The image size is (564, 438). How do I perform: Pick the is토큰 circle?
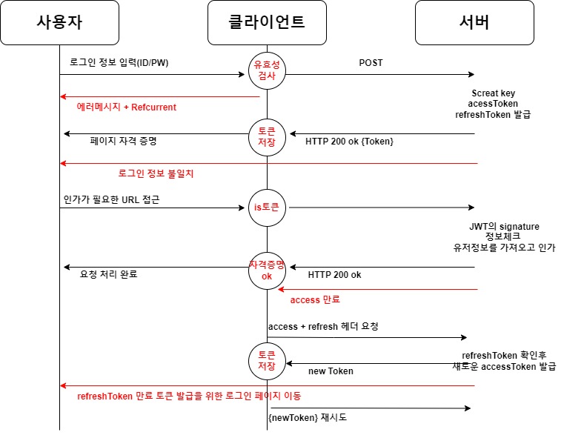(x=267, y=208)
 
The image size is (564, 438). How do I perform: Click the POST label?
(x=371, y=63)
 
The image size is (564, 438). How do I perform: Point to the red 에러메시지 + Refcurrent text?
(x=127, y=107)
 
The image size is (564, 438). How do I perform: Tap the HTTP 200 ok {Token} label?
(x=350, y=141)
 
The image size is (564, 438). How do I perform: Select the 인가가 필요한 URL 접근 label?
(x=111, y=199)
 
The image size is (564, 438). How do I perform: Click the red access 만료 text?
(x=315, y=300)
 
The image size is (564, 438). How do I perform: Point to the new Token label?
(x=331, y=371)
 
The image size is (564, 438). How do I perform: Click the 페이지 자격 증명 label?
(x=124, y=140)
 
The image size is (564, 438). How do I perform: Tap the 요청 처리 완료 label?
(x=108, y=274)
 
